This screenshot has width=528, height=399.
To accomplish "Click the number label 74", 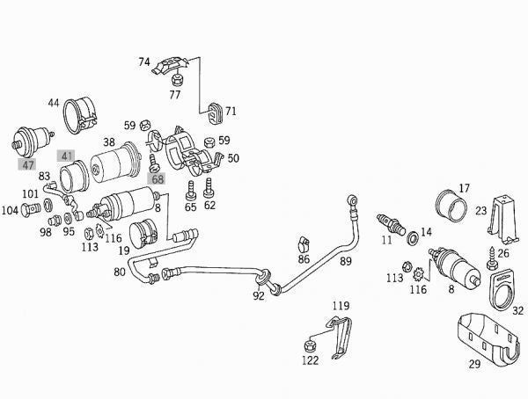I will pos(144,62).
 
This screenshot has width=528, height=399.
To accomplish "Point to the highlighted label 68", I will pos(158,179).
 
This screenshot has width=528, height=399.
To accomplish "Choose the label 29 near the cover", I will pos(473,362).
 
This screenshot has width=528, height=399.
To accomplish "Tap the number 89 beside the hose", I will pos(346,262).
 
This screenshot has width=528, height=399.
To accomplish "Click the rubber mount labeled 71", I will pos(214,111).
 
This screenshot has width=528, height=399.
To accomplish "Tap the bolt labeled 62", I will pos(209,187).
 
